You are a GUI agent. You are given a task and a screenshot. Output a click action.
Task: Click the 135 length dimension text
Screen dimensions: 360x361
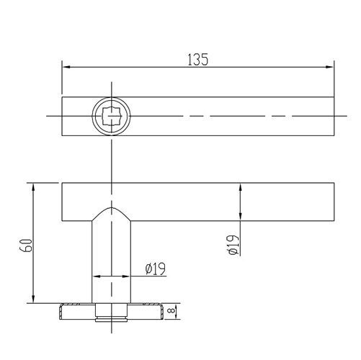click(197, 59)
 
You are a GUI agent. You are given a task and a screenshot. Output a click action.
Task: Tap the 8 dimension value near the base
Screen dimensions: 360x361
click(171, 311)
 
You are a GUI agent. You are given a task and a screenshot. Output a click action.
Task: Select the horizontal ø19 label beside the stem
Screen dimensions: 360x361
click(155, 269)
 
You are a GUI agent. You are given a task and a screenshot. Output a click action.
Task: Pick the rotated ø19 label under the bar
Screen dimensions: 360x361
click(232, 245)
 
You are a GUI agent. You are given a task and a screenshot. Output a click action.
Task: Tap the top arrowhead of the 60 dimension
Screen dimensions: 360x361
click(33, 186)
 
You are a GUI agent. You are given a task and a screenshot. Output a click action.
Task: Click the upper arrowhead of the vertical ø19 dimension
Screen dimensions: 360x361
click(240, 186)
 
